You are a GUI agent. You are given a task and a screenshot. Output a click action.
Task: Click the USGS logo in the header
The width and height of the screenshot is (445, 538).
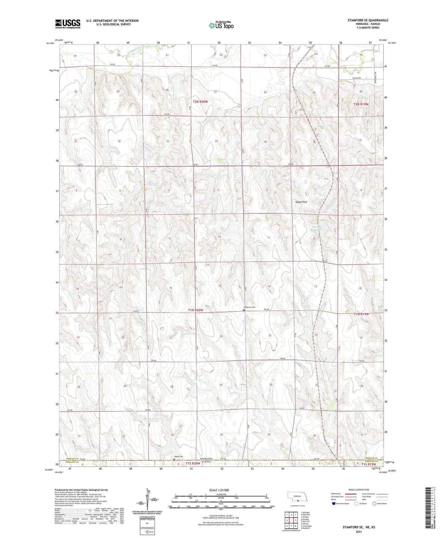[x=68, y=24]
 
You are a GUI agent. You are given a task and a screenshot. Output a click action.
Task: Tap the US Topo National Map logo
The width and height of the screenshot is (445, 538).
[x=221, y=25]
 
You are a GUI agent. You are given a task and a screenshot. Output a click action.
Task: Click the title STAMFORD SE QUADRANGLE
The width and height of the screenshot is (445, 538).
[x=368, y=20]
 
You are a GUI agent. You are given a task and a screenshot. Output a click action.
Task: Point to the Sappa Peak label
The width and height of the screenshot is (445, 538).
[x=301, y=202]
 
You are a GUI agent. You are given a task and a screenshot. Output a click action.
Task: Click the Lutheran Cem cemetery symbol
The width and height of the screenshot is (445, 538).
[x=244, y=311]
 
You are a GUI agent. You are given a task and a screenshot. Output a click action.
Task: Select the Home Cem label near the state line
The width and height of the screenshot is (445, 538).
[x=178, y=456]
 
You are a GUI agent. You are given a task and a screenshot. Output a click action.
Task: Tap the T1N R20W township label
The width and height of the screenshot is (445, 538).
[x=196, y=310]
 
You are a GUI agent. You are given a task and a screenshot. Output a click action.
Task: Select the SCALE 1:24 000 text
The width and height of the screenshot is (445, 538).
[x=219, y=490]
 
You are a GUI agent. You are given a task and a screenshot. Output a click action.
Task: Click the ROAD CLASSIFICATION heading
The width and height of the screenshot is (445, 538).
[x=359, y=490]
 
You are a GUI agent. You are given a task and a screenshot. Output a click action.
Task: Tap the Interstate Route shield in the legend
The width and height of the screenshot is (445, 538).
[x=334, y=503]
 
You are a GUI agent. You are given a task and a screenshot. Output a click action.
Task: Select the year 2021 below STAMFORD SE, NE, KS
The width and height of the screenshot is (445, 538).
[x=358, y=532]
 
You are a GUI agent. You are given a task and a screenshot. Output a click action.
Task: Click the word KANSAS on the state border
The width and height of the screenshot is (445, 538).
[x=206, y=462]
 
